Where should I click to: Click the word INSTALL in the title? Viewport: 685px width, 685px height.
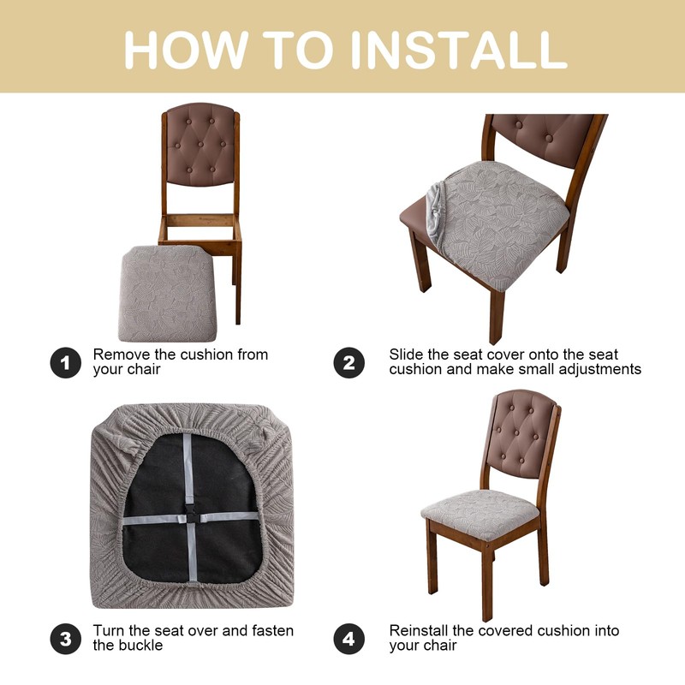tap(458, 50)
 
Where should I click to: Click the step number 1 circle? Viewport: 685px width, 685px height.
tap(66, 362)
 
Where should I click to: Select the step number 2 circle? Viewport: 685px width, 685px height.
tap(349, 362)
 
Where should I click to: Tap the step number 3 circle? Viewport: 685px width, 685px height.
tap(66, 639)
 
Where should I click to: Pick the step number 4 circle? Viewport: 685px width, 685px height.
tap(349, 639)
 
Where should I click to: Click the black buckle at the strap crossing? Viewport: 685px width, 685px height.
tap(191, 518)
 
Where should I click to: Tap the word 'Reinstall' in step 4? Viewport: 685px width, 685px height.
tap(419, 631)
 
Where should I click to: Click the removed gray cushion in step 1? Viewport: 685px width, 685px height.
tap(167, 294)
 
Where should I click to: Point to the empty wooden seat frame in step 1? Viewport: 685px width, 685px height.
tap(200, 229)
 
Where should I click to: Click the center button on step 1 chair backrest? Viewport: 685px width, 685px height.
tap(200, 144)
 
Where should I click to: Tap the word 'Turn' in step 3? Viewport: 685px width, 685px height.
tap(109, 631)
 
